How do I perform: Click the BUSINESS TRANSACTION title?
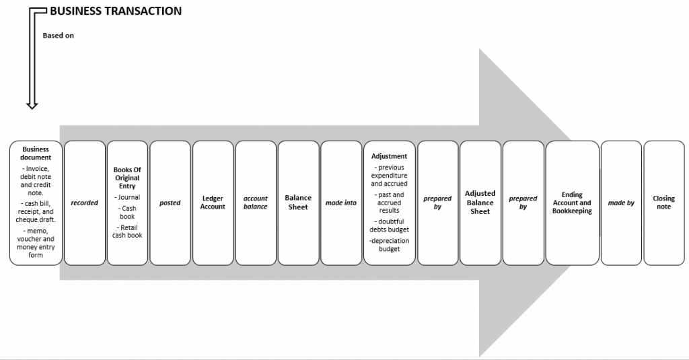point(116,11)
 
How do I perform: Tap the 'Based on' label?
point(58,36)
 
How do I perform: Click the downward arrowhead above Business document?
point(32,105)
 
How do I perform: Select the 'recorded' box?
point(85,203)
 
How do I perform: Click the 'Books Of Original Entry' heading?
point(127,178)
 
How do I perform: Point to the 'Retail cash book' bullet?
point(127,231)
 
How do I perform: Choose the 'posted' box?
point(170,203)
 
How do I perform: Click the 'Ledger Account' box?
point(213,203)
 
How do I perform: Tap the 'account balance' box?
point(256,203)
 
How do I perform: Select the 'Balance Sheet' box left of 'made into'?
point(298,203)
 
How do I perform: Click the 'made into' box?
point(341,203)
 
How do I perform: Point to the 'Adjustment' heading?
point(390,156)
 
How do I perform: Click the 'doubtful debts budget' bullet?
point(390,225)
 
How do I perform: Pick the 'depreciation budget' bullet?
point(390,245)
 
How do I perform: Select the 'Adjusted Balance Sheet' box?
point(480,203)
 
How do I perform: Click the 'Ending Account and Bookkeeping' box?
point(572,203)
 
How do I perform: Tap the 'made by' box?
point(621,203)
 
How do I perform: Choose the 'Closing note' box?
point(664,203)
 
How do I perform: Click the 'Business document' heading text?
point(36,153)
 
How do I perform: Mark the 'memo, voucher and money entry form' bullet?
point(36,243)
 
